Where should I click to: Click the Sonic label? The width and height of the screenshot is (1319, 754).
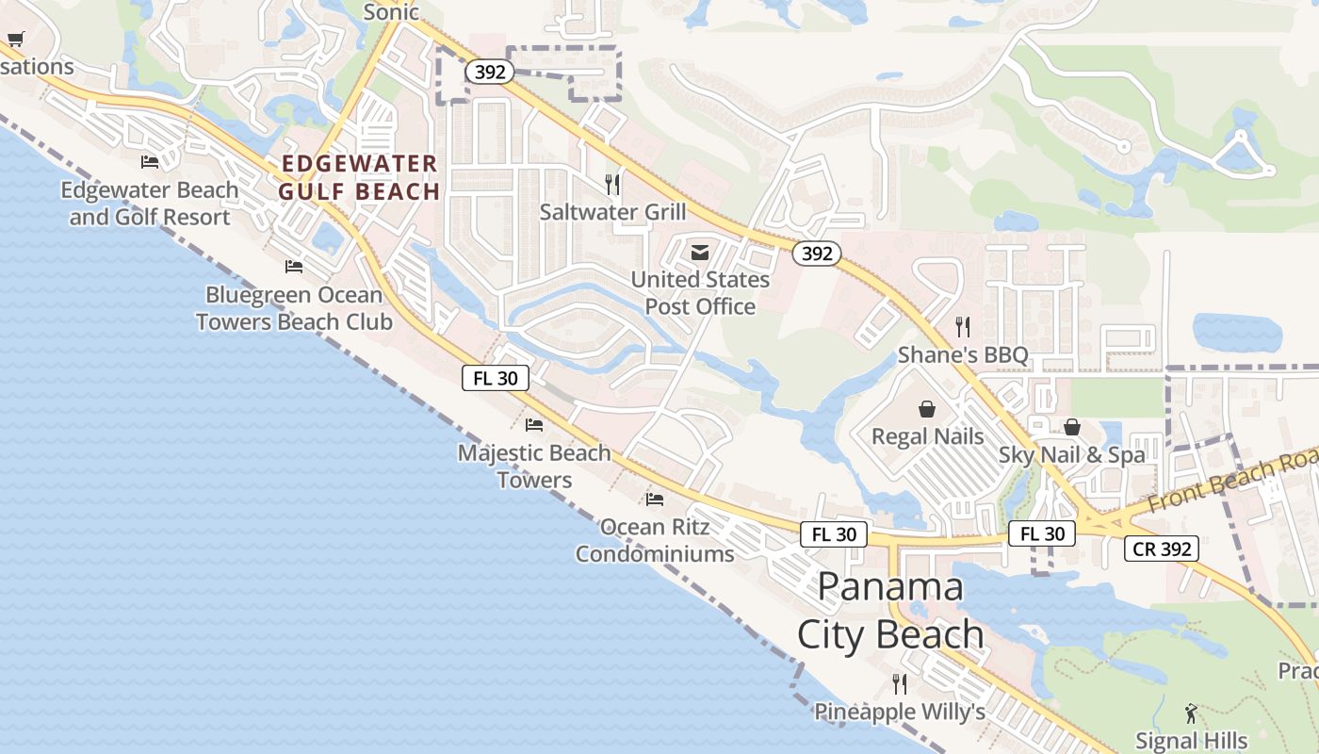click(391, 11)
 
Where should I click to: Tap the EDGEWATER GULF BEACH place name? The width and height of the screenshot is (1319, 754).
click(360, 177)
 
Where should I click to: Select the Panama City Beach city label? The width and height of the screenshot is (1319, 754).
click(890, 611)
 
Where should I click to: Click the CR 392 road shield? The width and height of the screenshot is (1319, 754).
click(1161, 549)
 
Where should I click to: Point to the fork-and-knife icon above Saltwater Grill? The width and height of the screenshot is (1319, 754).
click(612, 184)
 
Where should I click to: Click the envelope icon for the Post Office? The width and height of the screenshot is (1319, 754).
click(700, 253)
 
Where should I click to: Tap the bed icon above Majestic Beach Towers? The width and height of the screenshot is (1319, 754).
click(534, 425)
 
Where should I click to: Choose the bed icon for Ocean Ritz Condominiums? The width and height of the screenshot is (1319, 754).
click(655, 499)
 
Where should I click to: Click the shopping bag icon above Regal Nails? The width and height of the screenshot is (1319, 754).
click(927, 409)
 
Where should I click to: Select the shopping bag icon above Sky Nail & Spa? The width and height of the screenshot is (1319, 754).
click(1072, 427)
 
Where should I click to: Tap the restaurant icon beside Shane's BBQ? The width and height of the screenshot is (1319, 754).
click(962, 327)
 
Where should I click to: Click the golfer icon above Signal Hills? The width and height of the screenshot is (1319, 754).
click(1191, 713)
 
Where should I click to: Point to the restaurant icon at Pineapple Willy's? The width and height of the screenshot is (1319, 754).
click(899, 683)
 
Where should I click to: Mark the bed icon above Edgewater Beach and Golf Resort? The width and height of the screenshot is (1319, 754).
click(150, 162)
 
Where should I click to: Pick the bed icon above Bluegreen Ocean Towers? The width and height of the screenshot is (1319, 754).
click(294, 267)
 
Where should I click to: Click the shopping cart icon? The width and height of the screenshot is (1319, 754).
click(15, 39)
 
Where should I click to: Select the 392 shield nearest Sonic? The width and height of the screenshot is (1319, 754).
click(490, 72)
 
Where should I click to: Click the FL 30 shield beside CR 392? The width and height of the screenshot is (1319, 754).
click(1042, 533)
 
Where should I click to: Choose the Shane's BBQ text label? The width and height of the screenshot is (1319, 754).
click(963, 355)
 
